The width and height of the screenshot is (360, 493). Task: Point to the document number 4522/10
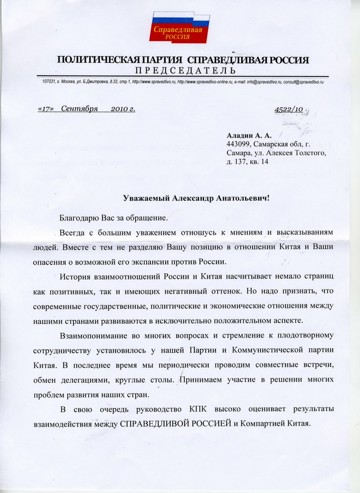(x=288, y=109)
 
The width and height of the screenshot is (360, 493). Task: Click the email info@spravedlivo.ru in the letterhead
(x=261, y=81)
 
